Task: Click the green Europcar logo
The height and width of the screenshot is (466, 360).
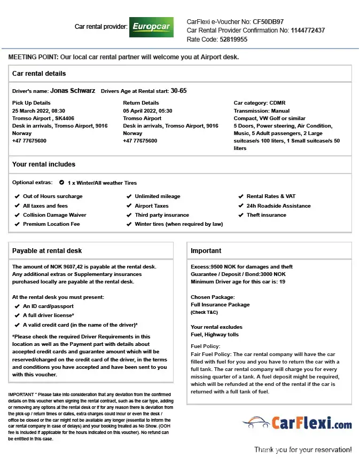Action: point(151,27)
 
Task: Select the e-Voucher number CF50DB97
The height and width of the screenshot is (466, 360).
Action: point(268,22)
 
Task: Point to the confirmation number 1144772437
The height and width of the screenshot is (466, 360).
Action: point(308,30)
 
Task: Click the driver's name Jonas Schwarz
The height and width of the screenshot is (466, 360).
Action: point(73,91)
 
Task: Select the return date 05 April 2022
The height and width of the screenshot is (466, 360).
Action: point(147,110)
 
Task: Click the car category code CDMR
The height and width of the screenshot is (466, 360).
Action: point(278,103)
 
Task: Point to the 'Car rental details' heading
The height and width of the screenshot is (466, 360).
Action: point(39,73)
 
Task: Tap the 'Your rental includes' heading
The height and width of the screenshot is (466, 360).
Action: point(44,164)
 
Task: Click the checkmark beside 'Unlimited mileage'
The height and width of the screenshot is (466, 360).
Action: point(129,196)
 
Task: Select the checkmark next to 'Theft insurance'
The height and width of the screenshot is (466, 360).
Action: point(241,215)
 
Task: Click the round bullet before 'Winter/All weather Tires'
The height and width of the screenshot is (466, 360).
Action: point(62,183)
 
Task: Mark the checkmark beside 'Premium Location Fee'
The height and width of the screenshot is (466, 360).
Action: point(17,224)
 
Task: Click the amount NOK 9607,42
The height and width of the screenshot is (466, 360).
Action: point(73,266)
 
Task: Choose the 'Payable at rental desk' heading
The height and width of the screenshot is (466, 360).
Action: point(47,250)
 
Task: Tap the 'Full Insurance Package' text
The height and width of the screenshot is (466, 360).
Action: point(220,305)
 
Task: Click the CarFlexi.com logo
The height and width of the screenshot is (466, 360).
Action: point(297,424)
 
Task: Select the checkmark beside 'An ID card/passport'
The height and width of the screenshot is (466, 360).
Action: point(17,306)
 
